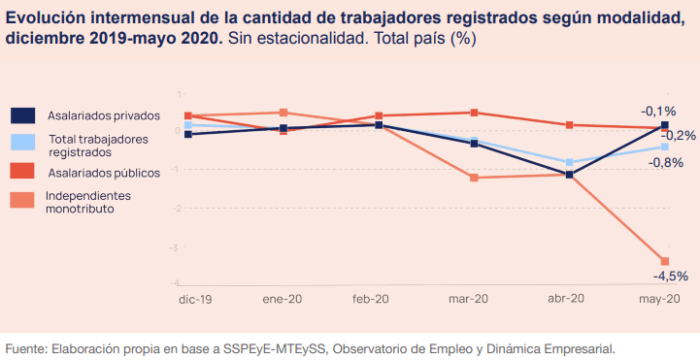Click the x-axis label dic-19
(195, 300)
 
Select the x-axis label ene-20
(282, 300)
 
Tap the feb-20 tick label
(370, 300)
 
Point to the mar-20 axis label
(469, 300)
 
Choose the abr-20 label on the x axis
(566, 300)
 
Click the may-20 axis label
(660, 300)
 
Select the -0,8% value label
(668, 162)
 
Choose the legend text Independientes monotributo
(87, 202)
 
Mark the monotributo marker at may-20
(665, 261)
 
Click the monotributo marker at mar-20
(474, 178)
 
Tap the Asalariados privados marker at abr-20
(570, 175)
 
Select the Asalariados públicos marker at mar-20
(474, 113)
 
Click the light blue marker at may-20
(665, 147)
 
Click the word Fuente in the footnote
(25, 347)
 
